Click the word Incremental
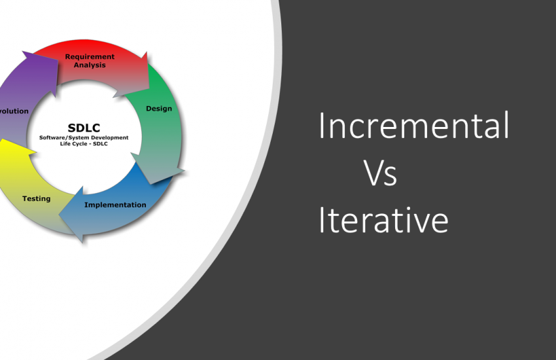413,126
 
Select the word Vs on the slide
381,174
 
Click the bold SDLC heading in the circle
84,128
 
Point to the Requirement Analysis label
90,61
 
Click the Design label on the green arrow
159,109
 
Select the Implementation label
115,205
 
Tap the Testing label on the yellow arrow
36,198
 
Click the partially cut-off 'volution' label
14,111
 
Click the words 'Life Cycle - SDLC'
84,143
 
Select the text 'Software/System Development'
84,137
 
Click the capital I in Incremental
322,126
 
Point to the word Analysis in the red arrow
90,65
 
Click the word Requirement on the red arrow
90,57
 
